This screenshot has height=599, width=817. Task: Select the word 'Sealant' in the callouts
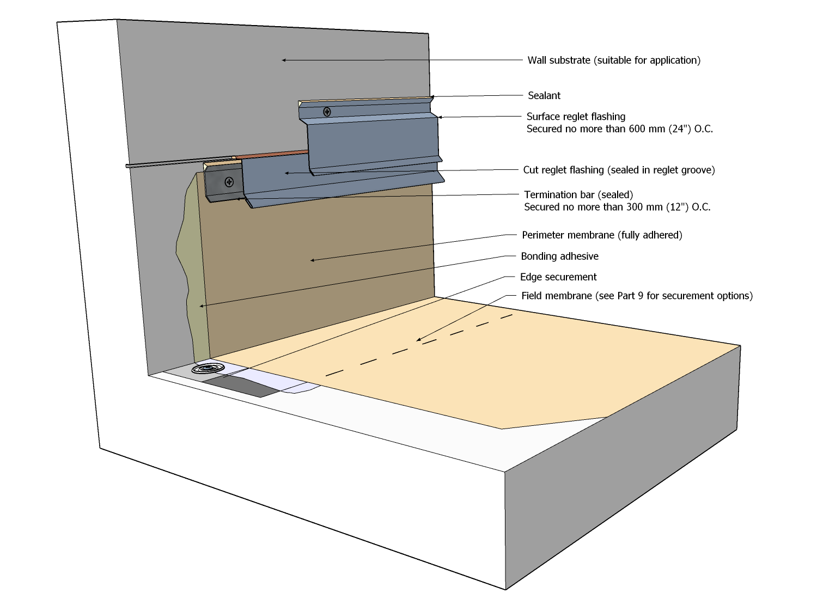[x=544, y=96]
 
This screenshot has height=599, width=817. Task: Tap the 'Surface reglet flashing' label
[x=576, y=117]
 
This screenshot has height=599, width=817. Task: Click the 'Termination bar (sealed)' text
[x=578, y=195]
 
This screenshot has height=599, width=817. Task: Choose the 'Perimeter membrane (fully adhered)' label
[x=601, y=235]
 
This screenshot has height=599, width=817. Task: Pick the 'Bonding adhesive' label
[x=559, y=256]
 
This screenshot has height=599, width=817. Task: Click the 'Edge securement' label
[x=558, y=277]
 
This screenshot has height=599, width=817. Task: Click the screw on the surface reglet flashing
[x=327, y=112]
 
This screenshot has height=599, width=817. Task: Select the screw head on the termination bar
[x=229, y=182]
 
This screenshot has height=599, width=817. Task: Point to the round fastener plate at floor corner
[x=208, y=369]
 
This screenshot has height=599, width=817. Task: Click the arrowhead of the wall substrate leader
[x=284, y=60]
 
